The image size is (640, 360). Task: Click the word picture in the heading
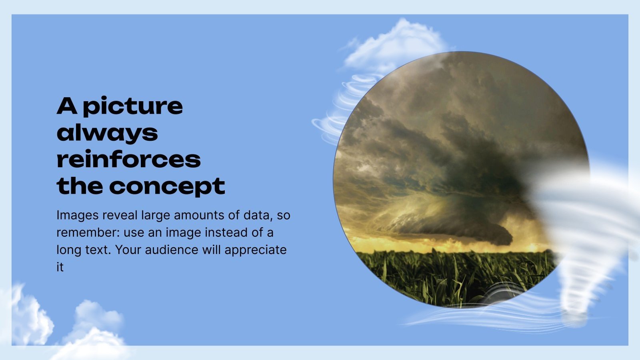(x=133, y=106)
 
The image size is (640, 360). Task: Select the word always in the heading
(x=107, y=133)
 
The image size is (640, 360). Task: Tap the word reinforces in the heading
(x=128, y=159)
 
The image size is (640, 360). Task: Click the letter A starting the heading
(x=66, y=106)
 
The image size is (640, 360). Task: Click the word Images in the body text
(x=77, y=215)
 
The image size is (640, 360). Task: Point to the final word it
(x=60, y=267)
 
